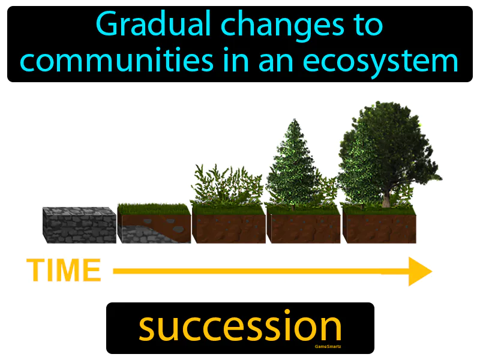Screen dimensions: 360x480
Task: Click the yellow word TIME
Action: [64, 271]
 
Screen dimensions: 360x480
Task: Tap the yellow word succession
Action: [240, 327]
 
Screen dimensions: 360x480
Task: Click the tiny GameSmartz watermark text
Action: [328, 346]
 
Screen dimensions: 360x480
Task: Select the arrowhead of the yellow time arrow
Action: [420, 271]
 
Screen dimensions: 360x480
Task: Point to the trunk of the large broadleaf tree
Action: [386, 198]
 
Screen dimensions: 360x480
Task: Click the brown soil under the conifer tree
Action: [303, 229]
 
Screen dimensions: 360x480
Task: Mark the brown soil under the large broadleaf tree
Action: [379, 229]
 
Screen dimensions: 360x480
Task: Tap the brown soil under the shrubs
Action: [228, 229]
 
